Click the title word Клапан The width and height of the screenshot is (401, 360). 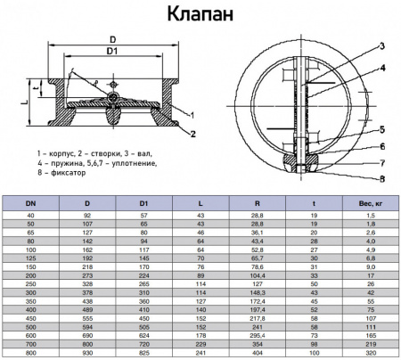200,15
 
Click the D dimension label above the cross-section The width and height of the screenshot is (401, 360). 112,39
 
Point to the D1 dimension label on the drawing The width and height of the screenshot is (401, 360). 112,53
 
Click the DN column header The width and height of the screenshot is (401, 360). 32,204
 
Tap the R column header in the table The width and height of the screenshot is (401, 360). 257,204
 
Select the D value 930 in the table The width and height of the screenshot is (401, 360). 87,353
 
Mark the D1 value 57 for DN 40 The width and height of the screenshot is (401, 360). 144,216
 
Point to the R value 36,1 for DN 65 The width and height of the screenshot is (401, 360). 257,233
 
